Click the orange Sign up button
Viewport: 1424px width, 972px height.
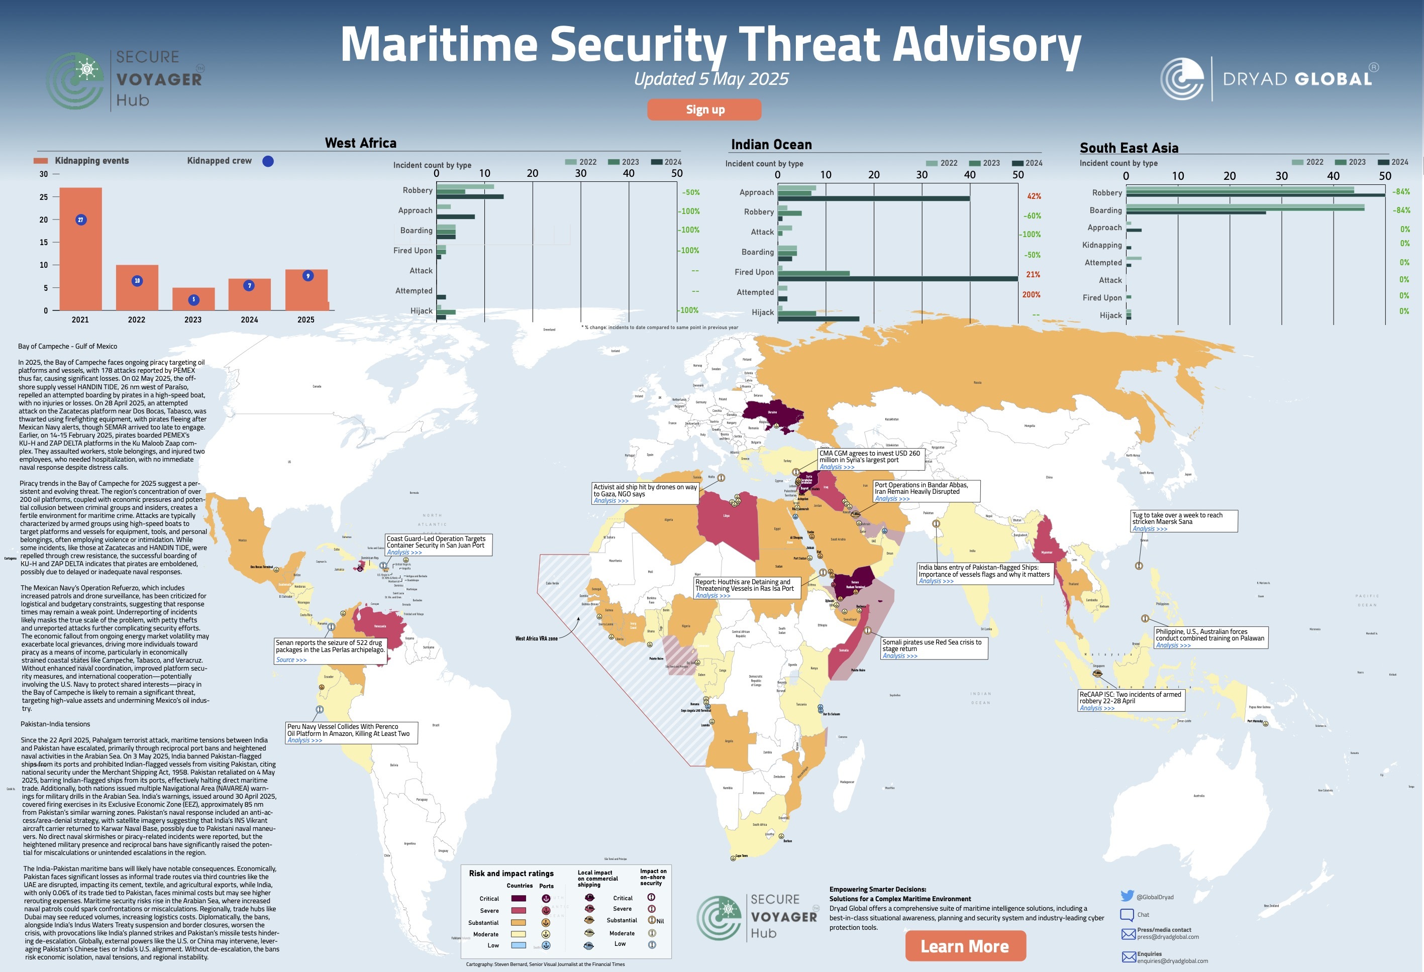[704, 110]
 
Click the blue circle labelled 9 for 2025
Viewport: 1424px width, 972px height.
[308, 276]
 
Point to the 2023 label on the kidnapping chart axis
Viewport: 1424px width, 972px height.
[193, 319]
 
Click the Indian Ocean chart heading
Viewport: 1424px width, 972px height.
[771, 145]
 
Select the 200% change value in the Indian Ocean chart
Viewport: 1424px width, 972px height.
[1031, 294]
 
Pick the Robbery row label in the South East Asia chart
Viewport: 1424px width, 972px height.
[1106, 192]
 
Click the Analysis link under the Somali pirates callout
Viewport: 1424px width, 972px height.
[899, 656]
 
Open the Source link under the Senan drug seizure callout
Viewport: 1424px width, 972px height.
[291, 660]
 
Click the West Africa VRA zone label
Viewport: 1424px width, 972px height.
[536, 638]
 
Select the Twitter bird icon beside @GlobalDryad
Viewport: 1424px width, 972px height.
[1127, 896]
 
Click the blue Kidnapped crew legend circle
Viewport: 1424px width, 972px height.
[268, 161]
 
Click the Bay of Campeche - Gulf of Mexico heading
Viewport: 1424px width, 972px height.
[67, 347]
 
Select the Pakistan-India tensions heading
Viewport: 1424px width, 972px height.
[55, 724]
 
